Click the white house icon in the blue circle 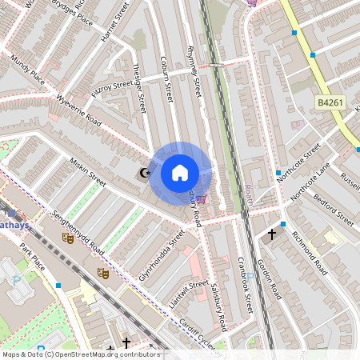(x=180, y=172)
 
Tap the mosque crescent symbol (x=145, y=172)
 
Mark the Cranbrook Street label (x=245, y=283)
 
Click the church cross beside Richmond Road (x=272, y=234)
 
